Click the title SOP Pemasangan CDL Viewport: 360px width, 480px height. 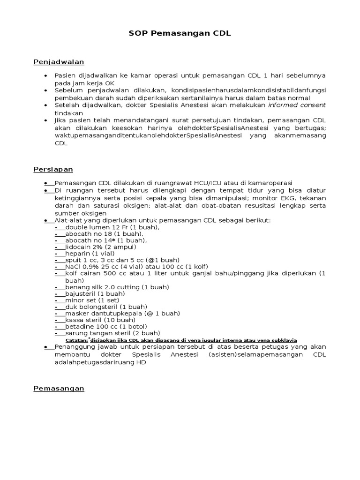click(x=180, y=34)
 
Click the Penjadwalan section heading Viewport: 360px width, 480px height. click(x=59, y=62)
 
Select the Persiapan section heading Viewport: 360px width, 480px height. click(x=53, y=169)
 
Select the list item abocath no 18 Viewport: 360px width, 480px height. click(x=105, y=234)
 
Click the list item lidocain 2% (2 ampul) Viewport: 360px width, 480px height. click(x=101, y=247)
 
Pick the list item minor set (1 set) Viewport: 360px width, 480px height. click(x=92, y=300)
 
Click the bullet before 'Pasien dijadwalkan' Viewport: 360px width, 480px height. click(x=45, y=76)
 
